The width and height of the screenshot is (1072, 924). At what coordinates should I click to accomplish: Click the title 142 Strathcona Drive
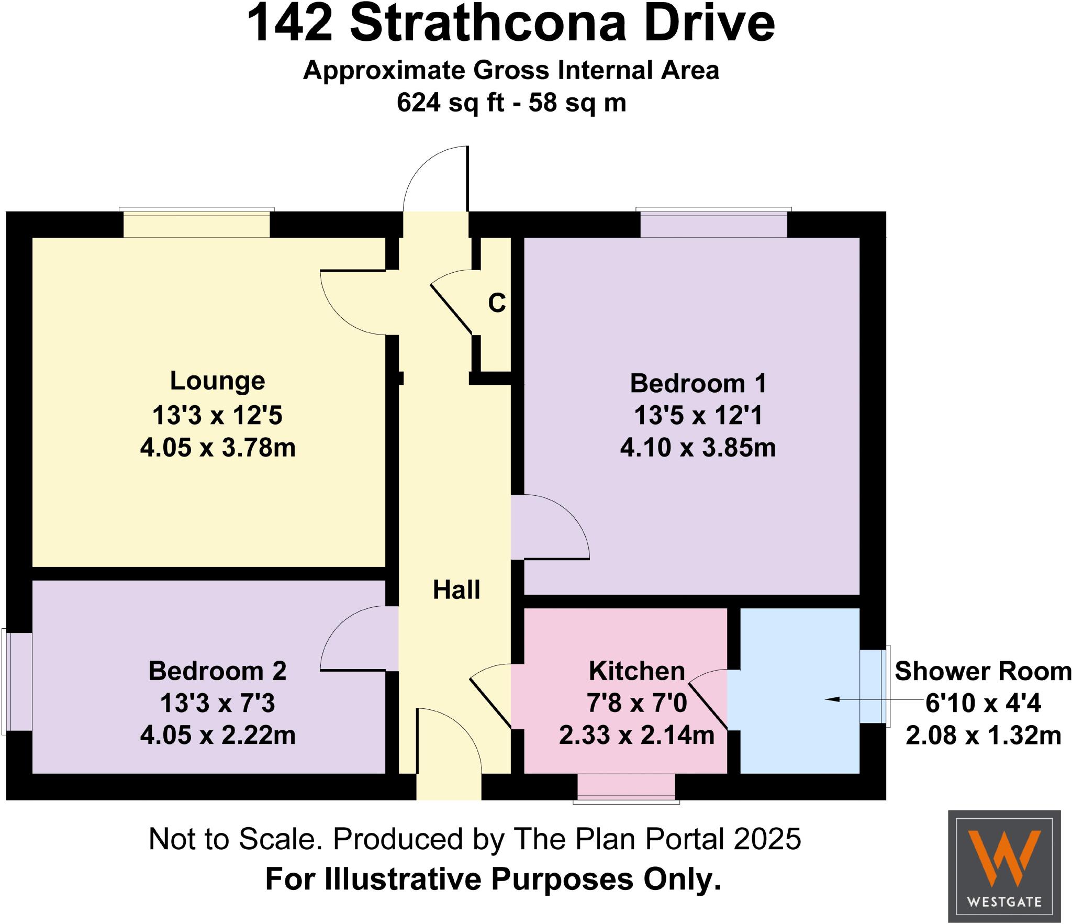click(x=510, y=25)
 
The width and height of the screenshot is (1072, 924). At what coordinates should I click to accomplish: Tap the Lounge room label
click(x=217, y=381)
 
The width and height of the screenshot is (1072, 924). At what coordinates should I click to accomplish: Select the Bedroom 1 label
click(x=698, y=384)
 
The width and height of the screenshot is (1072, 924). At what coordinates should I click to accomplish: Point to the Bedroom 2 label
click(x=217, y=671)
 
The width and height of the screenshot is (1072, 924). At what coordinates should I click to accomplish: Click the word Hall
click(x=456, y=590)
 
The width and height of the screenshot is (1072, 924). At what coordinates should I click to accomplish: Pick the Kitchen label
click(x=636, y=671)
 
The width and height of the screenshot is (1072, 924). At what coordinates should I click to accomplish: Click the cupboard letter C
click(x=497, y=303)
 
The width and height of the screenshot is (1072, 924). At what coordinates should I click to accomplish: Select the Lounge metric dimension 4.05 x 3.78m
click(x=217, y=448)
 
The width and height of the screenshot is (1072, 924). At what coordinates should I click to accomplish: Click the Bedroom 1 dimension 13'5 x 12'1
click(x=698, y=416)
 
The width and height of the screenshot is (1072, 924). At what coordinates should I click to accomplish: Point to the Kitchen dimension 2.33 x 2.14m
click(x=636, y=736)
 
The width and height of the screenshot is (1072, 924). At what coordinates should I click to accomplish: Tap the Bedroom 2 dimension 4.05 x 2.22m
click(x=217, y=736)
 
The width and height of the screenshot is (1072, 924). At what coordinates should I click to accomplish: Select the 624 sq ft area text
click(x=450, y=103)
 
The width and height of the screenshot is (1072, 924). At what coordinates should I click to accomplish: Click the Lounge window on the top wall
click(x=196, y=224)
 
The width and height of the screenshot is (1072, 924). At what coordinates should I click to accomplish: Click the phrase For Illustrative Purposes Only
click(x=493, y=879)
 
